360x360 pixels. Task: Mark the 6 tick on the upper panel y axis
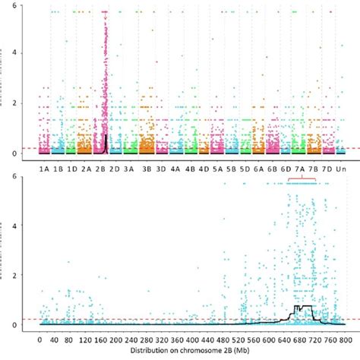coord(29,5)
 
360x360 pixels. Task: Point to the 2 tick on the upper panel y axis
coord(29,103)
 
